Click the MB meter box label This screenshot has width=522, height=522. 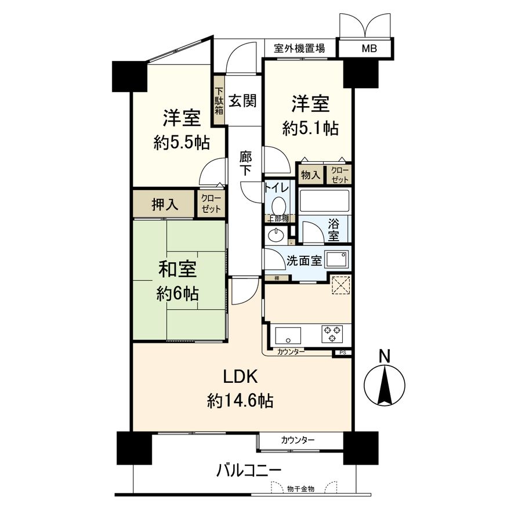click(369, 49)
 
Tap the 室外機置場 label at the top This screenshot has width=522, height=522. click(299, 49)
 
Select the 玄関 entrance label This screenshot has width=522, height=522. click(242, 101)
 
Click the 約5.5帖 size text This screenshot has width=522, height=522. click(182, 143)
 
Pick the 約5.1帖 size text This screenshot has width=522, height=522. click(310, 129)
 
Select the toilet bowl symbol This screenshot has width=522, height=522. click(279, 205)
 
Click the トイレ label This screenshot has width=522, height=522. click(277, 188)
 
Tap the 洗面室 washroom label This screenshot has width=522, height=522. click(304, 260)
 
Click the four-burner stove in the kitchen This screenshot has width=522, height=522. click(333, 333)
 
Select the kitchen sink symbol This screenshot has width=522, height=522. click(288, 335)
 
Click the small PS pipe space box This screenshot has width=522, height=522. click(342, 352)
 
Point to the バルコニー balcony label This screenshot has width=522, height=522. click(249, 469)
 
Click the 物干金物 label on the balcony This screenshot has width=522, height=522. click(300, 489)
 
